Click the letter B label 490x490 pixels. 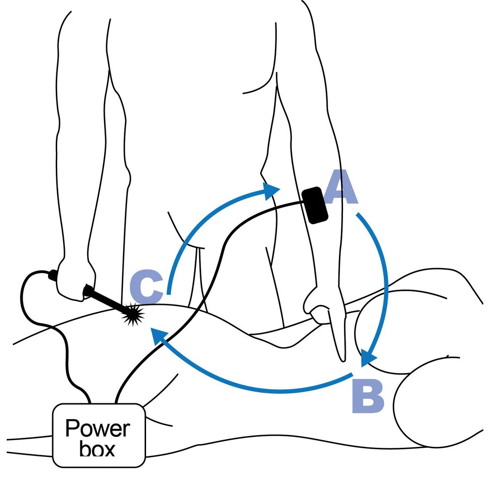[x=368, y=398]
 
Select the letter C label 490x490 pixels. [x=146, y=287]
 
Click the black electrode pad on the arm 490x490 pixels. [x=315, y=205]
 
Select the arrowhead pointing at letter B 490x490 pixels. [x=368, y=358]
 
